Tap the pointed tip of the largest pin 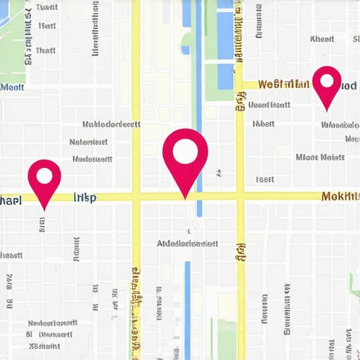(186, 198)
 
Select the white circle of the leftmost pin (44, 174)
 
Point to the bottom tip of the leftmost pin (44, 210)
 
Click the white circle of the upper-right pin (326, 80)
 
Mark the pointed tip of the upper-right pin (326, 110)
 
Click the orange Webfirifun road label (283, 85)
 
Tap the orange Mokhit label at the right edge (340, 196)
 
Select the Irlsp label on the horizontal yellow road (85, 198)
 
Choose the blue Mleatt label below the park (12, 88)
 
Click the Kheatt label (322, 39)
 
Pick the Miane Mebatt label (320, 157)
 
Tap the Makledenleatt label (111, 124)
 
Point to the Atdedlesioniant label (187, 243)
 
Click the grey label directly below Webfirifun (270, 105)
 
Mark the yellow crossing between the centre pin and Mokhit (240, 197)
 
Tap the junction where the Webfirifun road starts (240, 85)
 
